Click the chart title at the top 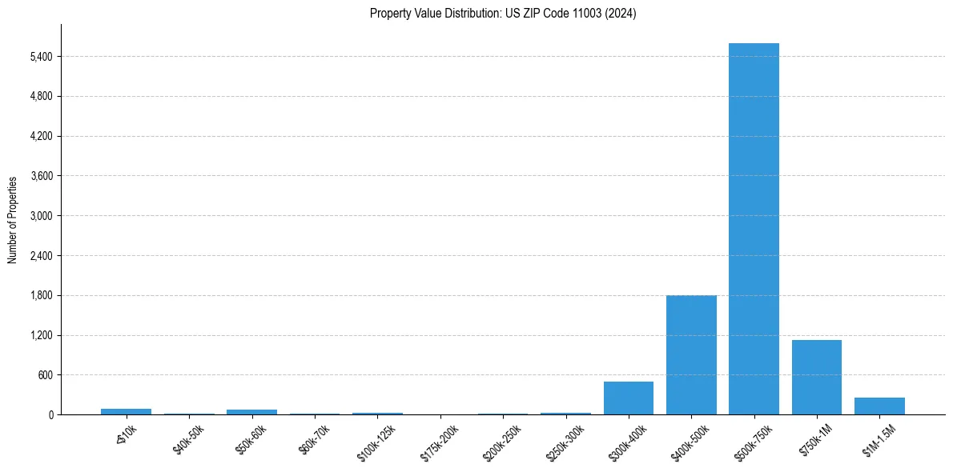tap(503, 14)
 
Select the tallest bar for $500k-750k tap(754, 229)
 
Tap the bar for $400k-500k tap(691, 354)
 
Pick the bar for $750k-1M tap(816, 377)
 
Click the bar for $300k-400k tap(629, 398)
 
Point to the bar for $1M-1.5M tap(879, 406)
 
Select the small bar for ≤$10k tap(126, 411)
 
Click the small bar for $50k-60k tap(251, 412)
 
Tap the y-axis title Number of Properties tap(13, 220)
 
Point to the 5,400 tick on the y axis tap(39, 57)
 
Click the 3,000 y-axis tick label tap(39, 216)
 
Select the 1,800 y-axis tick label tap(39, 295)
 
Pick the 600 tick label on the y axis tap(45, 375)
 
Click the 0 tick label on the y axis tap(50, 414)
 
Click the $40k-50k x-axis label tap(188, 439)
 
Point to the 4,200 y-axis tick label tap(39, 136)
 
